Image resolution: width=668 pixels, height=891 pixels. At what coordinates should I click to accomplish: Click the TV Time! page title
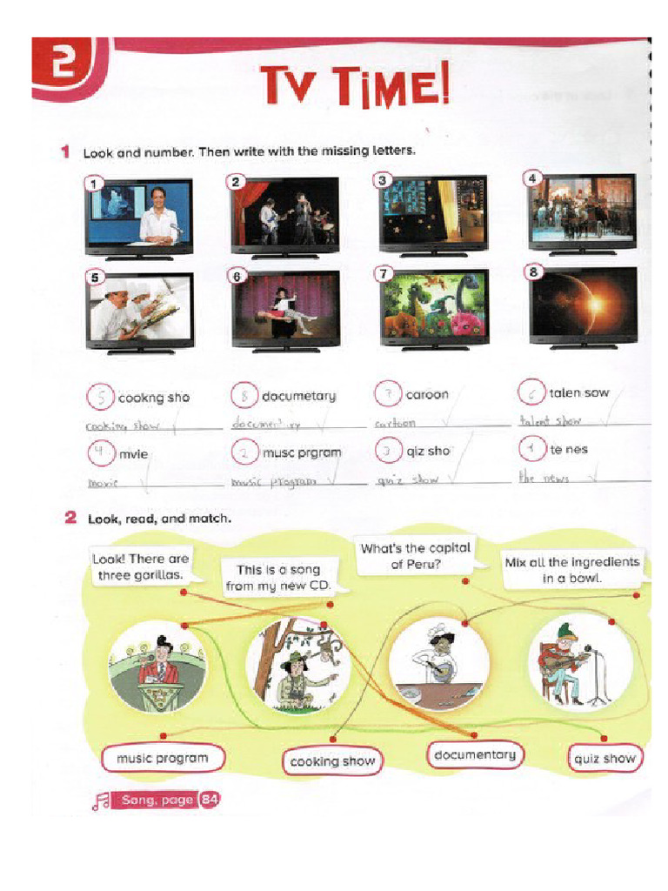tap(356, 87)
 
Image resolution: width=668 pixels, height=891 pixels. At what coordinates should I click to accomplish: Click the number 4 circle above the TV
tap(533, 178)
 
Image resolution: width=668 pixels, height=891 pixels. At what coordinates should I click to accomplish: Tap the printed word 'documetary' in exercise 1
tap(298, 396)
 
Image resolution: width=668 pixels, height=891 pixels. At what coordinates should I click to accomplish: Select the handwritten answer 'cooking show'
tap(119, 426)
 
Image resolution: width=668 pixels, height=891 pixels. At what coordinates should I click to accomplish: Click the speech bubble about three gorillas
tap(141, 566)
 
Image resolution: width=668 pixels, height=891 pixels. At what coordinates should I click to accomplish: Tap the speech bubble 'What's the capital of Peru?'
tap(415, 556)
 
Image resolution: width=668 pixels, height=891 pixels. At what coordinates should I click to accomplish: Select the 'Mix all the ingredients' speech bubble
tap(571, 570)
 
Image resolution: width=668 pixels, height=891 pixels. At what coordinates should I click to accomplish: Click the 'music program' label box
tap(163, 758)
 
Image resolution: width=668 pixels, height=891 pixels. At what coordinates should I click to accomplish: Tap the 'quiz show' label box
tap(605, 758)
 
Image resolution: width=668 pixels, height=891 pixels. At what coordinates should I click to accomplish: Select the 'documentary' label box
tap(474, 754)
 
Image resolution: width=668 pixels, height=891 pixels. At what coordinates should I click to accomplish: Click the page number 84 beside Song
tap(209, 800)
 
